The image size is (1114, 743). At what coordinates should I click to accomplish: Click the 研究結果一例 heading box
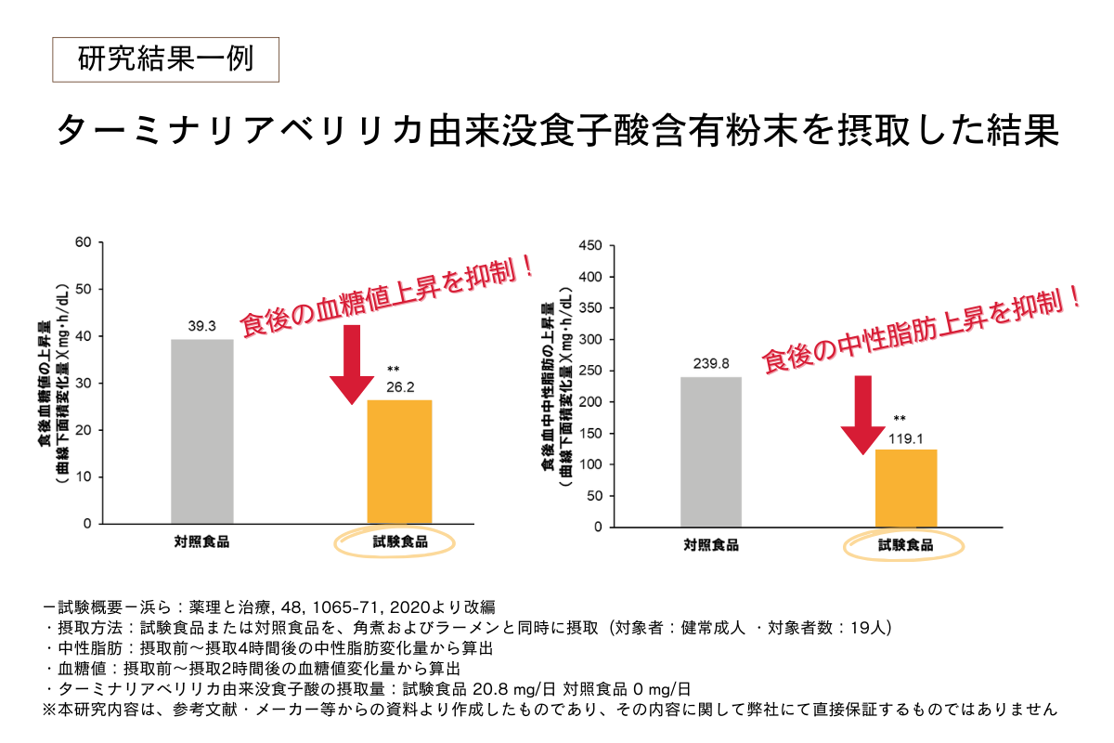(x=164, y=60)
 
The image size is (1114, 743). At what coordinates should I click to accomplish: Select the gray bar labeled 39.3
(x=202, y=431)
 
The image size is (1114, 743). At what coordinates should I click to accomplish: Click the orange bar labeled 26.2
(x=399, y=461)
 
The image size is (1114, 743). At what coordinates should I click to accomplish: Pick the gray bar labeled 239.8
(x=710, y=451)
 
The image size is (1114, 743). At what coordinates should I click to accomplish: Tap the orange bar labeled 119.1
(x=906, y=488)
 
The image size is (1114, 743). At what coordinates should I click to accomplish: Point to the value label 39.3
(x=202, y=327)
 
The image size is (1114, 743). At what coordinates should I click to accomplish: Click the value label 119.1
(x=906, y=437)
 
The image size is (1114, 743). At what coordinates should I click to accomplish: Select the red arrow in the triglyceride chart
(x=862, y=413)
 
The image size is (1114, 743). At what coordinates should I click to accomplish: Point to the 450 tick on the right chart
(x=590, y=246)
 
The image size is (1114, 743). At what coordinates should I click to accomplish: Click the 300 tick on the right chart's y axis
(x=590, y=339)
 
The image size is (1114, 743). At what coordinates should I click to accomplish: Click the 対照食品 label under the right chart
(x=710, y=545)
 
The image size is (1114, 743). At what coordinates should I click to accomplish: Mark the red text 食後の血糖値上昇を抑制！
(x=388, y=297)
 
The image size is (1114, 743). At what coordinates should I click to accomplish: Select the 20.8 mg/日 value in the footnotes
(x=508, y=688)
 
